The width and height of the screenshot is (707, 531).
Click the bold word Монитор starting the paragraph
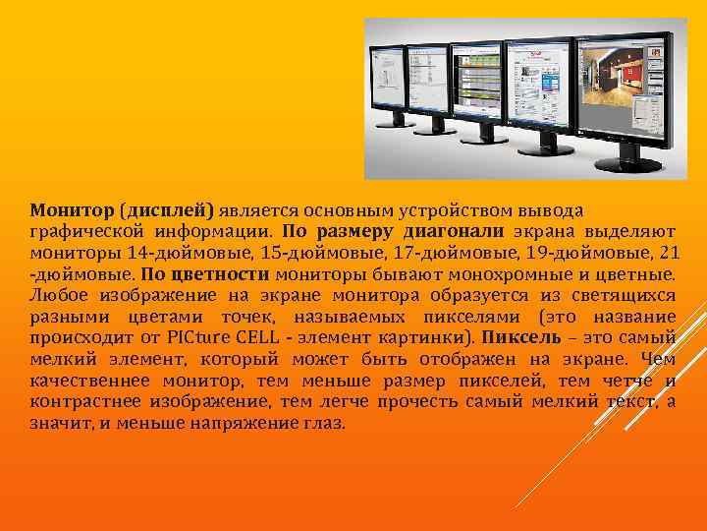point(72,210)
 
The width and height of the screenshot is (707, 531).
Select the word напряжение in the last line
point(247,424)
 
